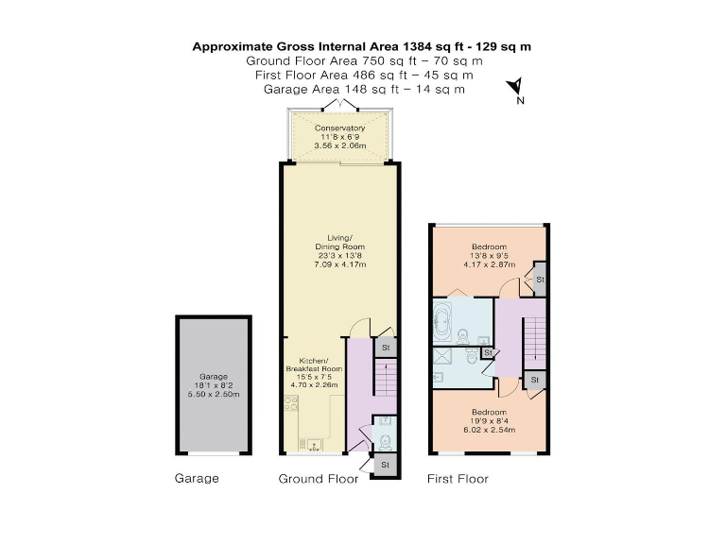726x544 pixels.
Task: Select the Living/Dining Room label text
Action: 339,247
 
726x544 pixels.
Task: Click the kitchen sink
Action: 311,442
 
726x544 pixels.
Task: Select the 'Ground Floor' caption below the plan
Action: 318,479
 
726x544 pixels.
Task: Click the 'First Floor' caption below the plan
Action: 458,479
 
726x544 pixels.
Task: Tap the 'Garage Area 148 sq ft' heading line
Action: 362,89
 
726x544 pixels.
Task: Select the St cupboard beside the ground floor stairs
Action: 385,348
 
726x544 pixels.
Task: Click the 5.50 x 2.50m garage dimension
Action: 213,394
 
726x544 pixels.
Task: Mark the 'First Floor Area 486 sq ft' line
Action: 362,75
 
